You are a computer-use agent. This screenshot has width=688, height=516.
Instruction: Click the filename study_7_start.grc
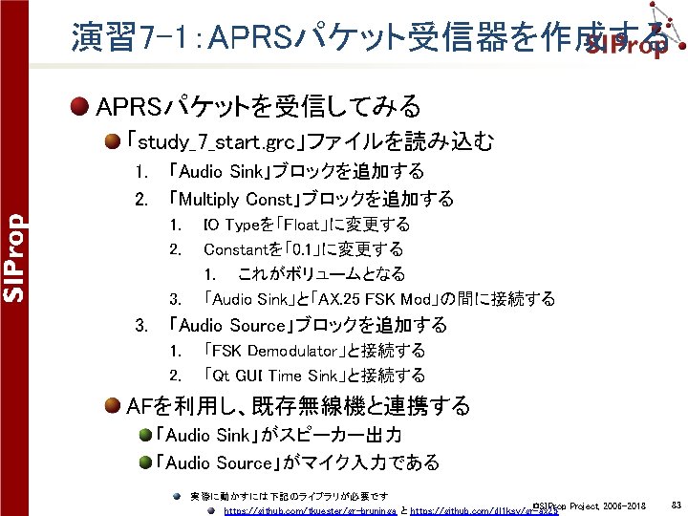(x=219, y=142)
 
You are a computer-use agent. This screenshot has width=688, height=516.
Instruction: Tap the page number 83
(x=676, y=504)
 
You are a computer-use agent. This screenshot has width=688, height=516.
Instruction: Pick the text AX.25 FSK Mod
(x=362, y=299)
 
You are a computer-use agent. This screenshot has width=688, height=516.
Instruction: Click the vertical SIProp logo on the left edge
(x=14, y=257)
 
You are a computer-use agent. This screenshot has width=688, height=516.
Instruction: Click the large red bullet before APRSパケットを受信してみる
(x=81, y=104)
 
